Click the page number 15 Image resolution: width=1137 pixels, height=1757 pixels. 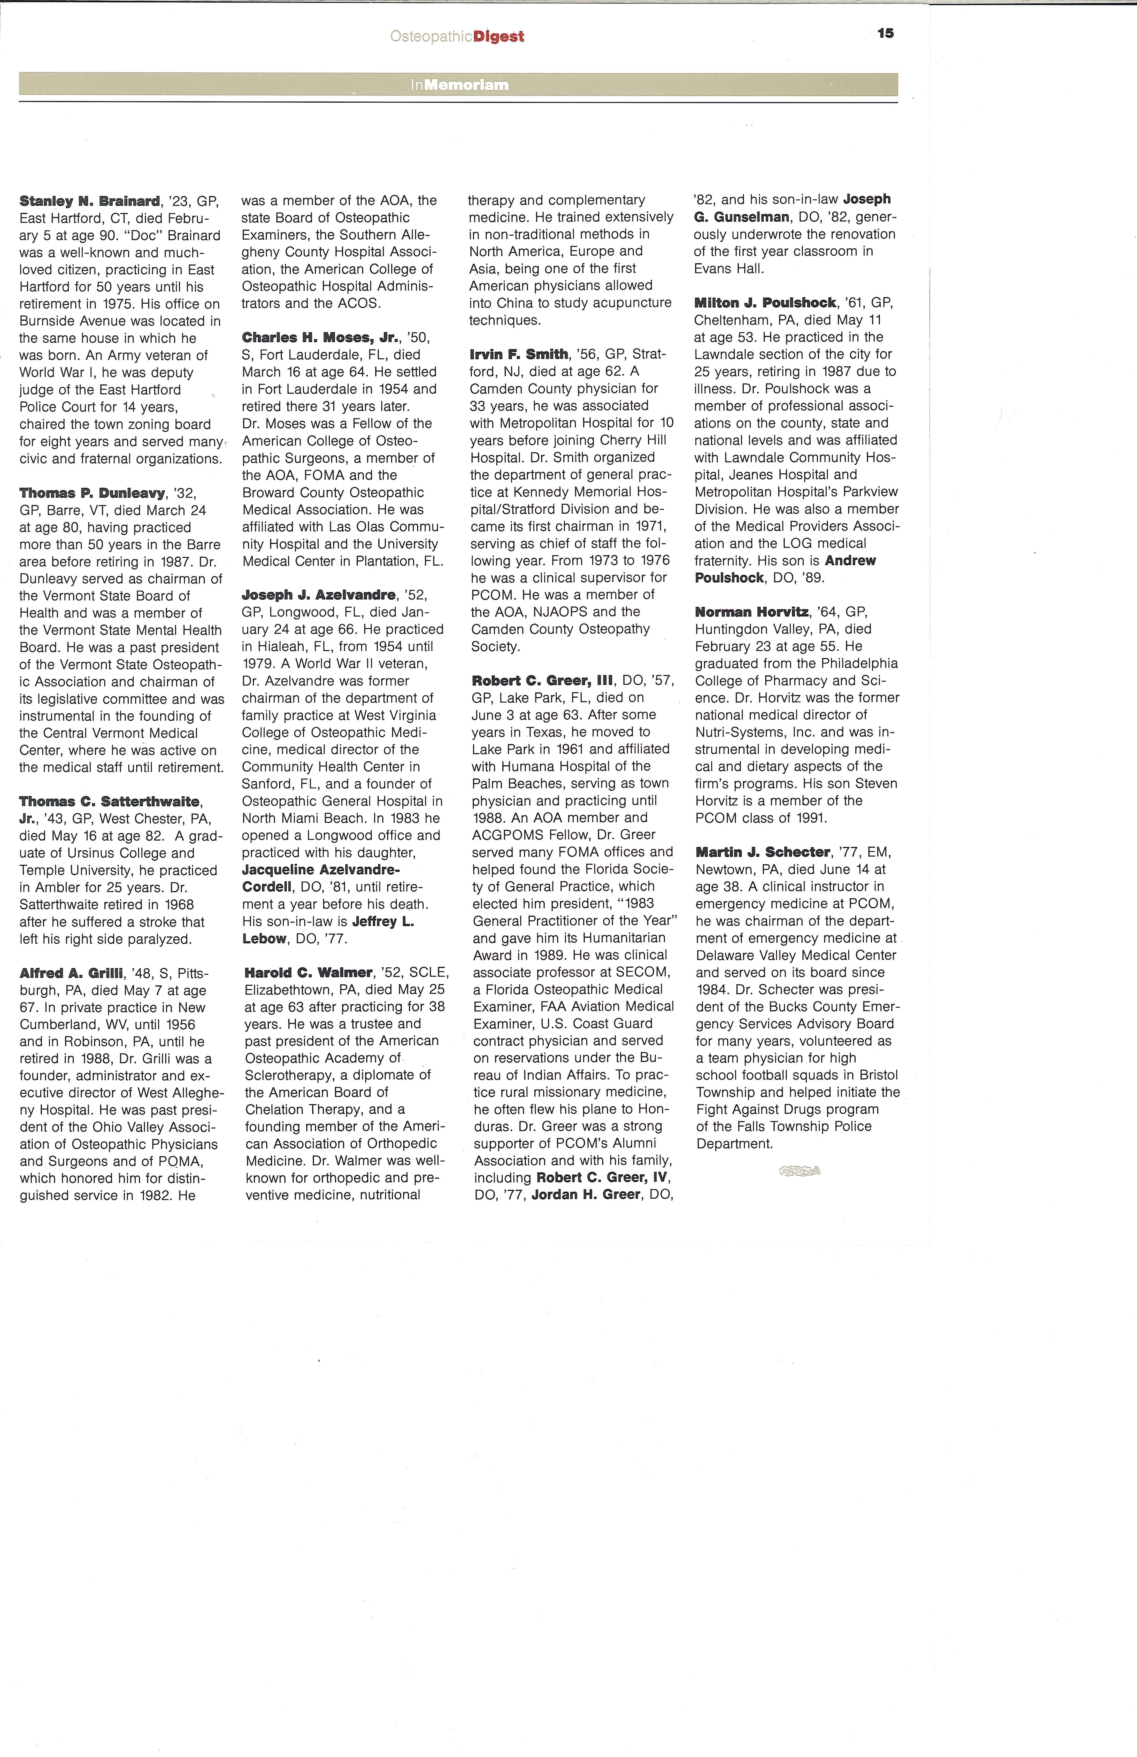[885, 33]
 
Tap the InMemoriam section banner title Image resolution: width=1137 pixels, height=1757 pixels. [459, 85]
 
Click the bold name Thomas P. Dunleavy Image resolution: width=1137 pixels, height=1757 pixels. [92, 493]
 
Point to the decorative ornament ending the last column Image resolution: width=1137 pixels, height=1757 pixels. [800, 1171]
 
